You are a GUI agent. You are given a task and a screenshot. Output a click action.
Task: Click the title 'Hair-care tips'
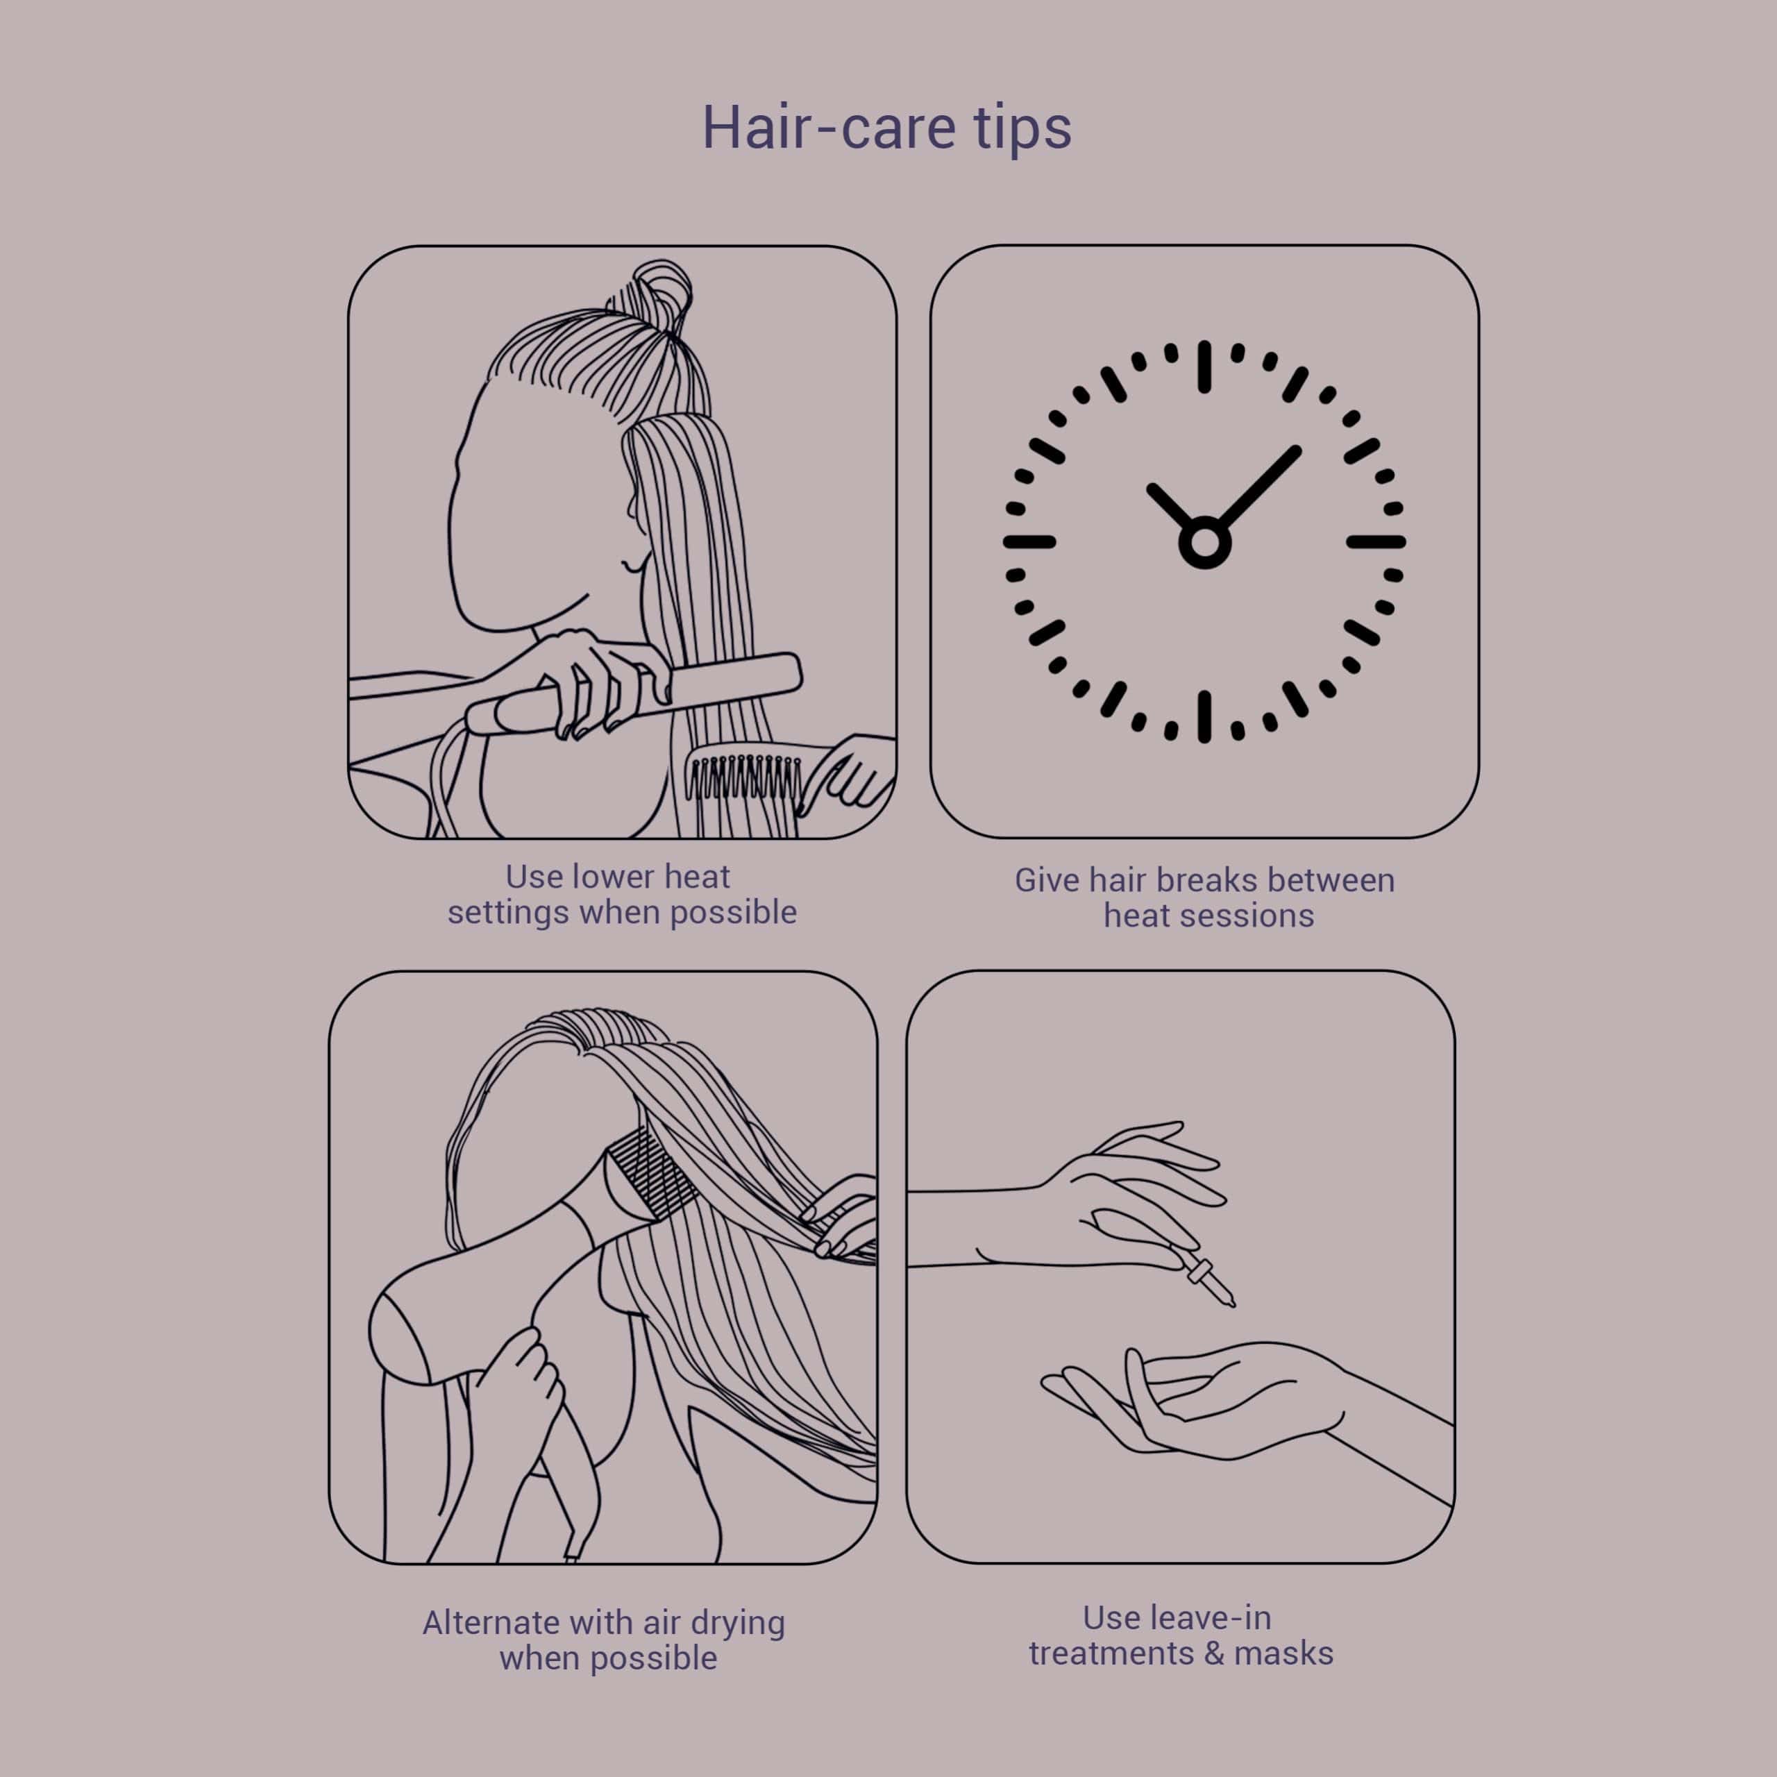[886, 128]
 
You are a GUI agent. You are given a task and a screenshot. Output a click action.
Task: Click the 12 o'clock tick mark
[1204, 366]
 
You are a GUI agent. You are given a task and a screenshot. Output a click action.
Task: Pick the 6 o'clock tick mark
[1204, 716]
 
